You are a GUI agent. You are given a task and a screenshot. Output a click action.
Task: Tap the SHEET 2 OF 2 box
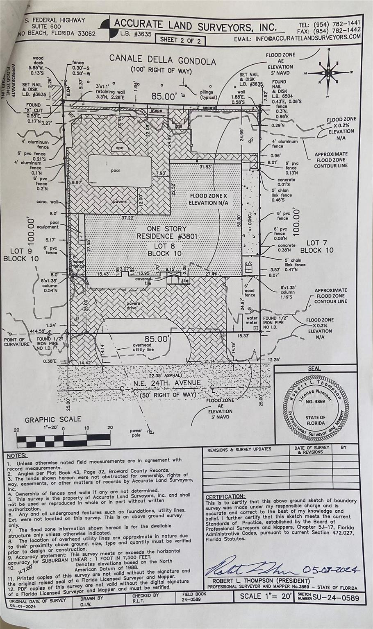(x=180, y=40)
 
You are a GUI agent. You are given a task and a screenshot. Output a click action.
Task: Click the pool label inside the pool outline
(x=116, y=170)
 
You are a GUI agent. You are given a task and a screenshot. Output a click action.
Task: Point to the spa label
(x=119, y=148)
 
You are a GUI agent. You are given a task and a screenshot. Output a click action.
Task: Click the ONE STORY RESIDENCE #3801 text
(x=167, y=232)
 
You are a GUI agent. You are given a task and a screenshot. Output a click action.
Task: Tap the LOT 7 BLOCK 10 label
(x=316, y=247)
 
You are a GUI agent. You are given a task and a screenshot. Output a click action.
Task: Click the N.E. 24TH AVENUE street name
(x=167, y=383)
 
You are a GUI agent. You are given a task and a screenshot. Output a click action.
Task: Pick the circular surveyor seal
(x=315, y=409)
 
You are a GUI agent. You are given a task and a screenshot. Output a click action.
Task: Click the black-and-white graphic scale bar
(x=64, y=441)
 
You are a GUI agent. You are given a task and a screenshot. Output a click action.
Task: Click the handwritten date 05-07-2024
(x=331, y=569)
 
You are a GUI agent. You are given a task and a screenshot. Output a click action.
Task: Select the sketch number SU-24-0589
(x=335, y=598)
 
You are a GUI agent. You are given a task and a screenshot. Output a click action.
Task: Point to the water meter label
(x=252, y=320)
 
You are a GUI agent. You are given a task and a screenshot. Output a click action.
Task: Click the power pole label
(x=136, y=432)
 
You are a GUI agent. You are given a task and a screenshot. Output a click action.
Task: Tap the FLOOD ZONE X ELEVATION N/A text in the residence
(x=208, y=199)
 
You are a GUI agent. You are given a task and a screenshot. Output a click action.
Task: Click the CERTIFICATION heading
(x=225, y=496)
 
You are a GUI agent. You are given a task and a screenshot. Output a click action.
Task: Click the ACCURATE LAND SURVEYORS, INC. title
(x=195, y=25)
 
